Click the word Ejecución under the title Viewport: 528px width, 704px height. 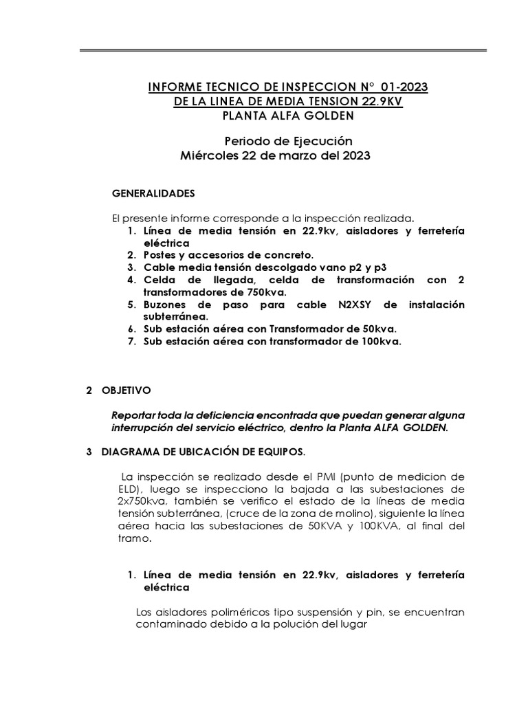[313, 141]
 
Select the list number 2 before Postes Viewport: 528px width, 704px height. [131, 255]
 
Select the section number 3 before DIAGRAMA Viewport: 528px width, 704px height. [89, 452]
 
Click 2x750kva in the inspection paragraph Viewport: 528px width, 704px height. [142, 502]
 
